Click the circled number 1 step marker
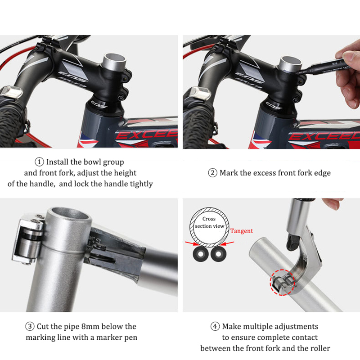click(39, 162)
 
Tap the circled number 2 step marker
click(212, 173)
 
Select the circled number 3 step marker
click(30, 326)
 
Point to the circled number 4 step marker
click(215, 326)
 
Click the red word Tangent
click(242, 231)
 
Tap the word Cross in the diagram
click(209, 219)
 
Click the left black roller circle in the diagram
click(201, 254)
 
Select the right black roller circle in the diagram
click(218, 254)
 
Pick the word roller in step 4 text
click(319, 348)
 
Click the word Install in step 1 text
click(57, 162)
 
